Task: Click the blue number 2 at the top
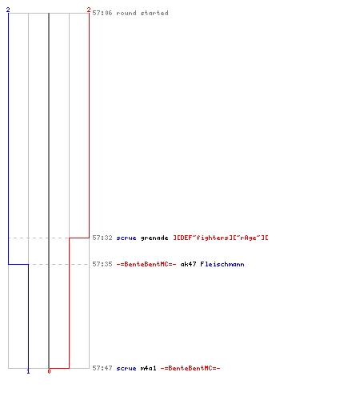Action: click(8, 10)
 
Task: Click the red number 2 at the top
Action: click(89, 10)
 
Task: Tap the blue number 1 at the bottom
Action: click(28, 371)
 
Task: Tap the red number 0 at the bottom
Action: click(49, 371)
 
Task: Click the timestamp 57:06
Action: click(102, 13)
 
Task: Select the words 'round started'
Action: click(142, 13)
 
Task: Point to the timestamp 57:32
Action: click(102, 238)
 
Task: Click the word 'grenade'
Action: click(154, 238)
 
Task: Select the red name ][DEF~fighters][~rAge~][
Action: click(221, 238)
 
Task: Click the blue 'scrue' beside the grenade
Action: click(126, 238)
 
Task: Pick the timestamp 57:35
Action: click(102, 264)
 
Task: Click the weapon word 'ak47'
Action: click(188, 264)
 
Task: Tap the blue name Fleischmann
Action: click(222, 264)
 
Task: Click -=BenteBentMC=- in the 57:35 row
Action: click(146, 264)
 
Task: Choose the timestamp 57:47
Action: click(102, 368)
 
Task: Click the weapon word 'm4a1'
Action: click(148, 368)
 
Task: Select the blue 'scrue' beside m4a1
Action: click(126, 368)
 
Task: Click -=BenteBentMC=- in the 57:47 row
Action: click(190, 368)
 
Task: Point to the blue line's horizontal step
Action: click(18, 264)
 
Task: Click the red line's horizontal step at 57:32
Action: click(79, 238)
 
